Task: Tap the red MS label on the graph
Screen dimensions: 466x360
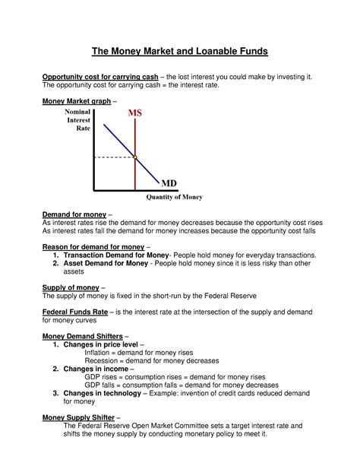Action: (134, 113)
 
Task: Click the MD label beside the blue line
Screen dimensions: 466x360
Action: (169, 184)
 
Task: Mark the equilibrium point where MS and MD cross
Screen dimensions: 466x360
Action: (135, 157)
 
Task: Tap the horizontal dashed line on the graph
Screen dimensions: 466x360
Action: (114, 157)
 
